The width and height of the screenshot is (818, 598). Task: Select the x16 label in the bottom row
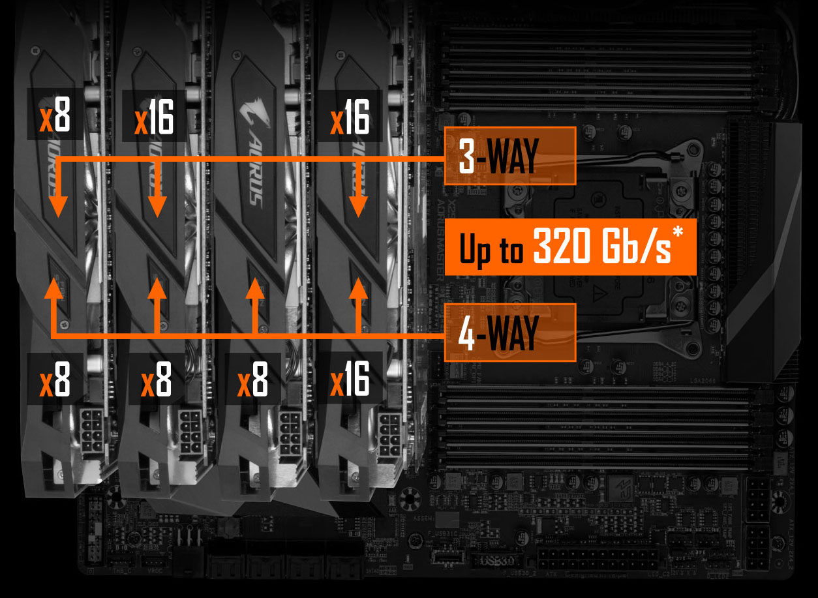coord(350,379)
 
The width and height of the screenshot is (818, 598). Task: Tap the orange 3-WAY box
coord(509,156)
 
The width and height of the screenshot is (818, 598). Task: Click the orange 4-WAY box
coord(509,333)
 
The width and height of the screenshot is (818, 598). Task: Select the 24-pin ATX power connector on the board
coord(597,559)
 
